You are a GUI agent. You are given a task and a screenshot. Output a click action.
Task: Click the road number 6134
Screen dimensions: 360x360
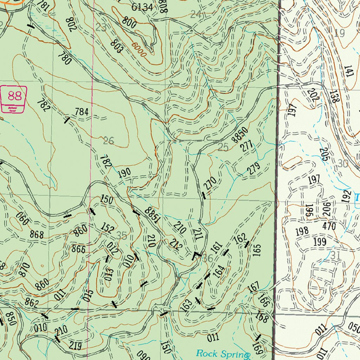[142, 7]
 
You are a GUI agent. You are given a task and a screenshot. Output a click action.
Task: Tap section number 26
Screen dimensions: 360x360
[109, 141]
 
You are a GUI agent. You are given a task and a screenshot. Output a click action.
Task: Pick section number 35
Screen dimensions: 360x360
[121, 236]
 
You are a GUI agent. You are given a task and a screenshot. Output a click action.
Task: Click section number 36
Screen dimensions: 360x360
[208, 258]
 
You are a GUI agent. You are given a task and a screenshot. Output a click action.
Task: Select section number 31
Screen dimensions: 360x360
[335, 256]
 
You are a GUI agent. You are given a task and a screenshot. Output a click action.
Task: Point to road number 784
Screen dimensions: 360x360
[81, 112]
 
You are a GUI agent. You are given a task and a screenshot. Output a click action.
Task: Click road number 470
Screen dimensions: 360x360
[329, 226]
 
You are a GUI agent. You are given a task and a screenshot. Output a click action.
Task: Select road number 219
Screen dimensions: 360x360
[75, 346]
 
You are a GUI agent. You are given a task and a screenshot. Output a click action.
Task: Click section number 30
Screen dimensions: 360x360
[343, 163]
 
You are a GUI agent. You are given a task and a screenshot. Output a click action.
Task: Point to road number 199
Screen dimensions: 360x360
[319, 242]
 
